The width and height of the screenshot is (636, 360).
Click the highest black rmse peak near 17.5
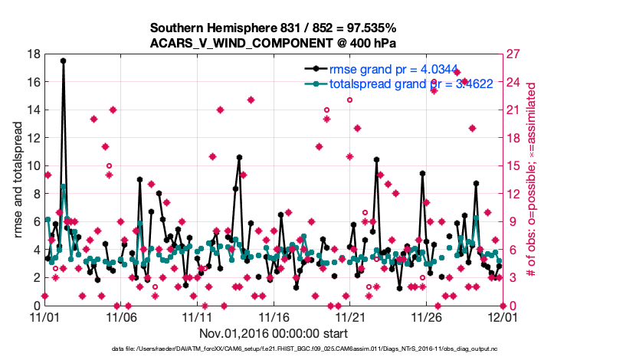click(63, 61)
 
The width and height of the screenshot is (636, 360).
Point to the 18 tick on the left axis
click(33, 54)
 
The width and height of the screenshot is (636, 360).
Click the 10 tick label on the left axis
click(33, 165)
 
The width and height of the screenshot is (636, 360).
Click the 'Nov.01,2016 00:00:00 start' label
click(274, 333)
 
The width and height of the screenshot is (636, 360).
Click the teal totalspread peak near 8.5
click(63, 186)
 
